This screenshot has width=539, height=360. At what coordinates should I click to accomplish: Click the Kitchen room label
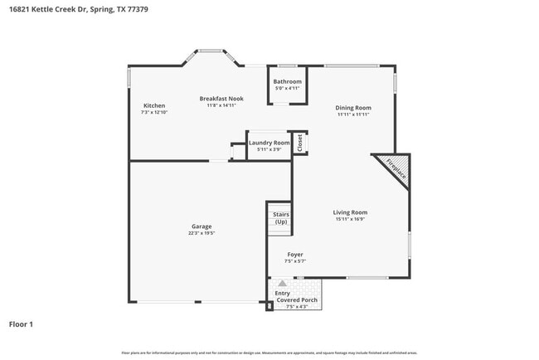(154, 105)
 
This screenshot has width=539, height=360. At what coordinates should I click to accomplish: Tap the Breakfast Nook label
(221, 99)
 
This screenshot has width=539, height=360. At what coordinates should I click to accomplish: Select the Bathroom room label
(288, 81)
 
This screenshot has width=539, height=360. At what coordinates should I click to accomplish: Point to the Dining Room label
(353, 108)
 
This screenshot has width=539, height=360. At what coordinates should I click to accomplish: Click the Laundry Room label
(269, 143)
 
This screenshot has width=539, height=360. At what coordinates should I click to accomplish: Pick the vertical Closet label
(300, 143)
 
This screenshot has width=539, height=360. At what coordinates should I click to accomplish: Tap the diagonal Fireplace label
(396, 168)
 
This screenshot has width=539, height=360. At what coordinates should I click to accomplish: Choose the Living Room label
(350, 212)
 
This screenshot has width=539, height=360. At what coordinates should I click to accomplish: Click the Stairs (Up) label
(281, 218)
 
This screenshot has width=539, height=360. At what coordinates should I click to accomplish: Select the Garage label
(202, 226)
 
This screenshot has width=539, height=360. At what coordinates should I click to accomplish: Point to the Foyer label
(295, 255)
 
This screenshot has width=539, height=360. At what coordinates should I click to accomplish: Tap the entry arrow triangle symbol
(282, 284)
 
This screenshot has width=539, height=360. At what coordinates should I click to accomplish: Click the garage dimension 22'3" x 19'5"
(202, 234)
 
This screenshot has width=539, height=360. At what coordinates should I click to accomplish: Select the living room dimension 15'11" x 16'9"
(350, 220)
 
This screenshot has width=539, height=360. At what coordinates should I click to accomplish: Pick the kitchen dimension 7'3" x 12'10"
(155, 112)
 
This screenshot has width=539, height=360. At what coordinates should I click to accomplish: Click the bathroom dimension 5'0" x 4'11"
(288, 88)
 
